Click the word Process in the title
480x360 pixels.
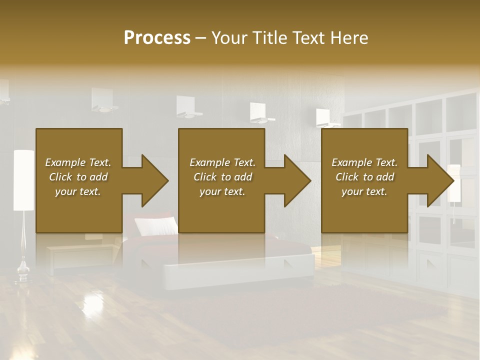(157, 38)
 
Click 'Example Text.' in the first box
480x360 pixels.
(78, 162)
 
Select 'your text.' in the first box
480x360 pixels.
(78, 191)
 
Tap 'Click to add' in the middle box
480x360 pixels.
(222, 177)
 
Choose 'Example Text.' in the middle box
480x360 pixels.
(222, 162)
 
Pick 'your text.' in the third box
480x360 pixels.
(364, 191)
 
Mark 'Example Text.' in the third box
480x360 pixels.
(364, 162)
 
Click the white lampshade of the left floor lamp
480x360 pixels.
(23, 180)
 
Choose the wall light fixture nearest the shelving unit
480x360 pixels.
(327, 118)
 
